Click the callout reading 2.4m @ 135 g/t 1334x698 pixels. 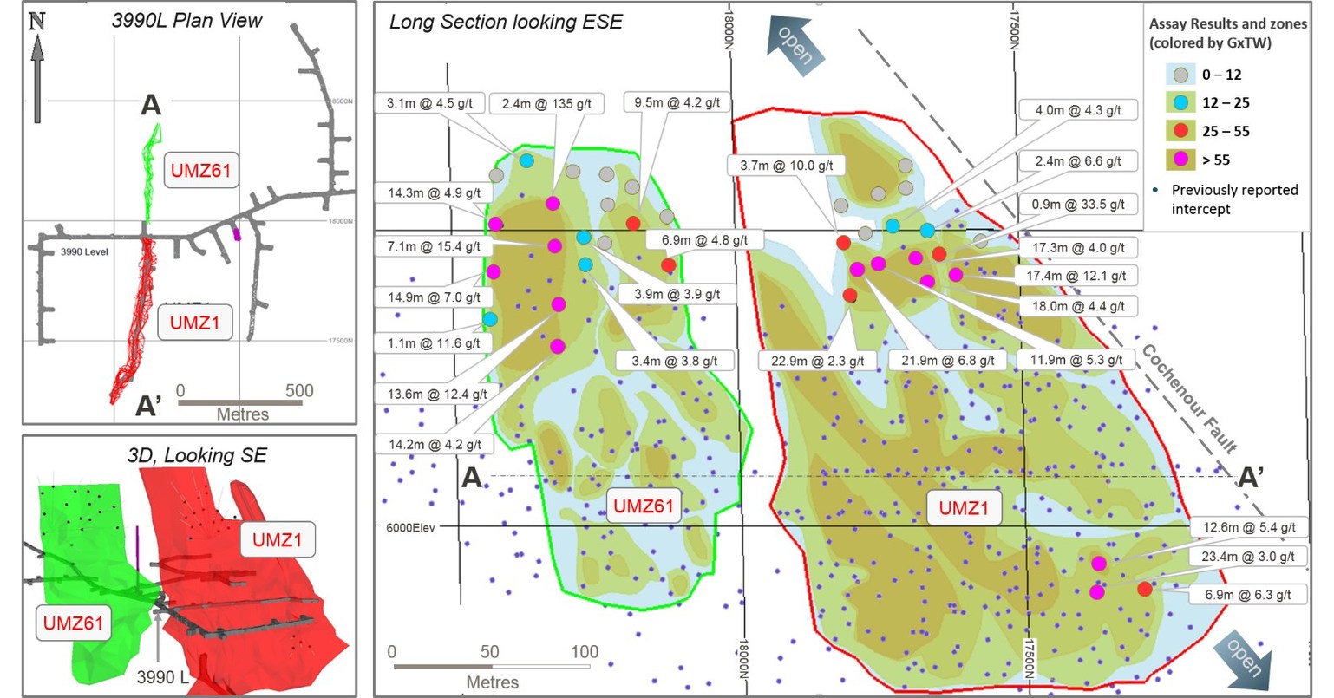(x=546, y=104)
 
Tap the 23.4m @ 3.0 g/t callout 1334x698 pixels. (x=1248, y=557)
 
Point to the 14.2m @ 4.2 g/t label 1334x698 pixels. (x=435, y=445)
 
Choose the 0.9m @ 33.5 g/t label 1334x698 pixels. (x=1078, y=205)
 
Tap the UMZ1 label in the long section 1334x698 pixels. (x=964, y=508)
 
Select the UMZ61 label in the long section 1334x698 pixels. (x=644, y=506)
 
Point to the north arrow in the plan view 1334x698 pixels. (x=37, y=69)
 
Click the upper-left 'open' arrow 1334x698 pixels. (x=792, y=46)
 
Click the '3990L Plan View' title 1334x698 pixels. (x=186, y=21)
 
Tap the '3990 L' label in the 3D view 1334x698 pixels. (x=162, y=676)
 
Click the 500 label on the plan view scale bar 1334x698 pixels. (x=299, y=390)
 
